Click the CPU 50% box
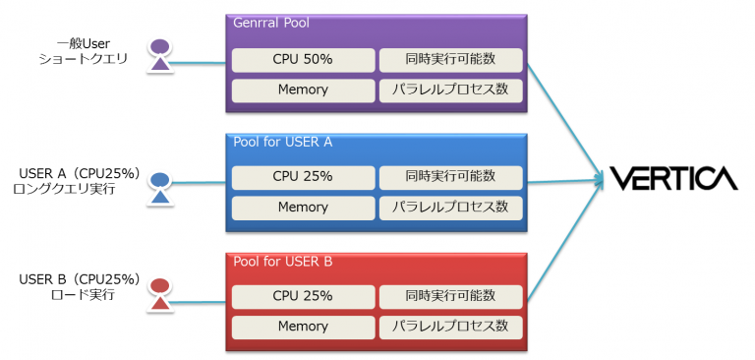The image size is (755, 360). coord(303,59)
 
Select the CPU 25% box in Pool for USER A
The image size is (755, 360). coord(303,177)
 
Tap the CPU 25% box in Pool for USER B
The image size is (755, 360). coord(303,296)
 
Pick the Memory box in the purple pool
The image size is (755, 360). coord(303,90)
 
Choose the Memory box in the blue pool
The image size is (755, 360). coord(303,208)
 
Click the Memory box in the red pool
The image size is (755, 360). coord(303,327)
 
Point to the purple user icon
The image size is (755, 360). coord(161,56)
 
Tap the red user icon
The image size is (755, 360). coord(161,294)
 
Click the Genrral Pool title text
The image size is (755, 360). coord(270,23)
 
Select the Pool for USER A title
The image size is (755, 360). coord(283,142)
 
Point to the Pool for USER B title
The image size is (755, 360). coord(283,262)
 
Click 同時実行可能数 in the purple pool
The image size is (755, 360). coord(450,59)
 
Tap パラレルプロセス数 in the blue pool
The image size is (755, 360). coord(450,208)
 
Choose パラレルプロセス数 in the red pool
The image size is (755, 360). coord(450,327)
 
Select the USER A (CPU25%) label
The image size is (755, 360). coord(81,174)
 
